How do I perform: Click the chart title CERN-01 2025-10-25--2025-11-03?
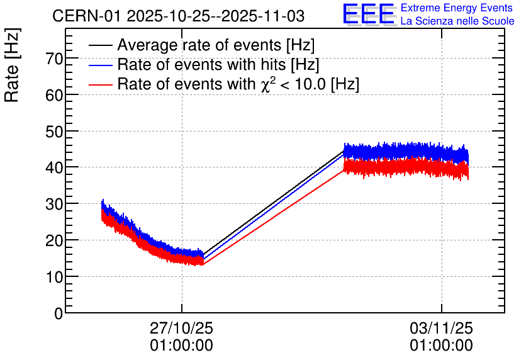(x=182, y=16)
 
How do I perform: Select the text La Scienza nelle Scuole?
(x=457, y=21)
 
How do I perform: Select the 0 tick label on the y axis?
(x=59, y=313)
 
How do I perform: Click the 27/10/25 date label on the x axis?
(x=181, y=329)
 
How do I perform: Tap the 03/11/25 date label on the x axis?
(x=441, y=329)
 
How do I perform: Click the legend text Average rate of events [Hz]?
(x=216, y=46)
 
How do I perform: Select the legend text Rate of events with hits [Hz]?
(x=218, y=65)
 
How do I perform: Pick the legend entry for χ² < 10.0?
(x=238, y=84)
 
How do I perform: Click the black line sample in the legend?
(x=101, y=46)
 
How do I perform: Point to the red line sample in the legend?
(x=101, y=84)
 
